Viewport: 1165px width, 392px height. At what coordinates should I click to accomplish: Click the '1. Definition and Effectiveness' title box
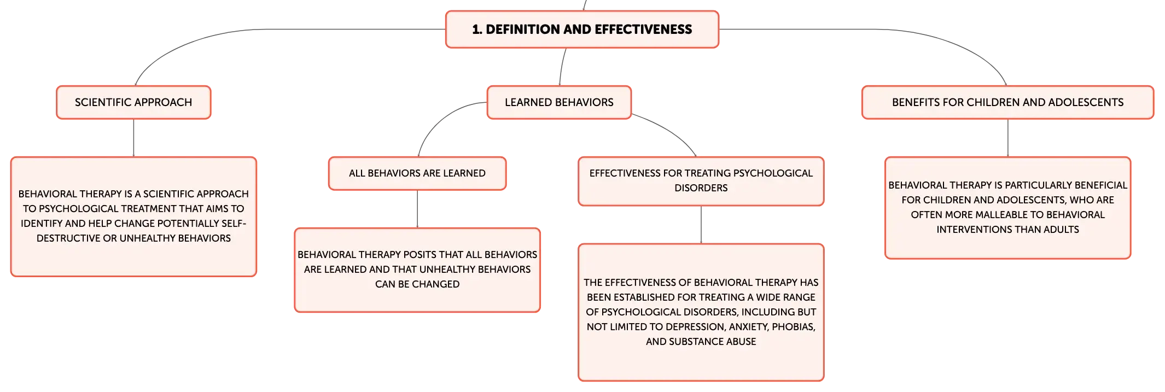(582, 30)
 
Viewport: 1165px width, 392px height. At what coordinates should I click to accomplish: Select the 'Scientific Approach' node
(133, 102)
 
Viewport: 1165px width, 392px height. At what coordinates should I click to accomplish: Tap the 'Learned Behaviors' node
(559, 102)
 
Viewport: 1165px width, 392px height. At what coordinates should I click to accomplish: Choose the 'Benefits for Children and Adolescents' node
(1007, 102)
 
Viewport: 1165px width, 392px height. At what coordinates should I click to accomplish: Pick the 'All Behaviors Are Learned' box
(417, 173)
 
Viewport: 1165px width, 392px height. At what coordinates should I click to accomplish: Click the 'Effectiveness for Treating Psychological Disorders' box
(701, 181)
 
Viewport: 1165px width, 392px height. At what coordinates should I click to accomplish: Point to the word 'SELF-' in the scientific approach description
(234, 224)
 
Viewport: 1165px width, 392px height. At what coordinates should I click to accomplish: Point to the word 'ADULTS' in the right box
(1062, 230)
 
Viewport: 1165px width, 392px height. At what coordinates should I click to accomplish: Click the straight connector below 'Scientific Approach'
(133, 138)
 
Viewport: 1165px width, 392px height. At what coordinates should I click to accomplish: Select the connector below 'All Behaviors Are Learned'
(417, 209)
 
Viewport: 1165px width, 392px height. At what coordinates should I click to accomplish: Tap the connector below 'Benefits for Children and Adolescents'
(1008, 138)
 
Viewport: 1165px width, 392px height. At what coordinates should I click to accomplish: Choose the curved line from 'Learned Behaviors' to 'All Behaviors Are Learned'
(438, 121)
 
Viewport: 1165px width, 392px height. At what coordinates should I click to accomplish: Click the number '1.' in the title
(477, 30)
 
